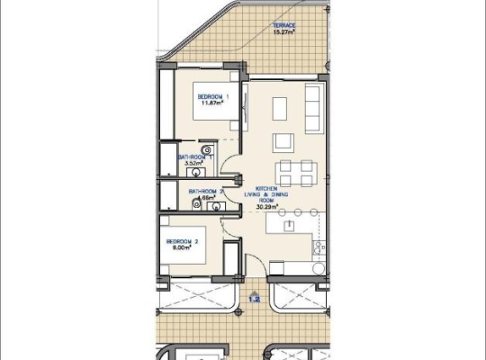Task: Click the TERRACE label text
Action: [284, 25]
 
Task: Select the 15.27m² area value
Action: [284, 32]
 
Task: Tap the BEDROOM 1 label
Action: [213, 96]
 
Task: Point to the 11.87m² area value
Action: [212, 103]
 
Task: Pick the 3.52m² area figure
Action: [193, 164]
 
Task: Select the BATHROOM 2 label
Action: [206, 191]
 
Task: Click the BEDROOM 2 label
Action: [182, 241]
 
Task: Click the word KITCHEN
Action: [266, 188]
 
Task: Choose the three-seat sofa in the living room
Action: [312, 109]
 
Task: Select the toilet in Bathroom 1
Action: [207, 150]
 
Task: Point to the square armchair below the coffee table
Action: [283, 140]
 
